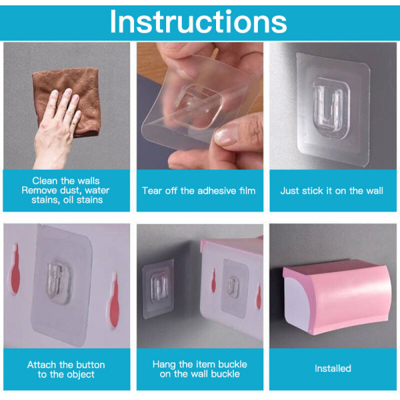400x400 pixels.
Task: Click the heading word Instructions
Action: tap(199, 22)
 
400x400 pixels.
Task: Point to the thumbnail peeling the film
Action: tap(227, 135)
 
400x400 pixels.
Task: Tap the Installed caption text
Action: tap(333, 369)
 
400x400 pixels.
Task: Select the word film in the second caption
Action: tap(247, 191)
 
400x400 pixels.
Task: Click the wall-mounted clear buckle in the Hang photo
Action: tap(159, 288)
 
